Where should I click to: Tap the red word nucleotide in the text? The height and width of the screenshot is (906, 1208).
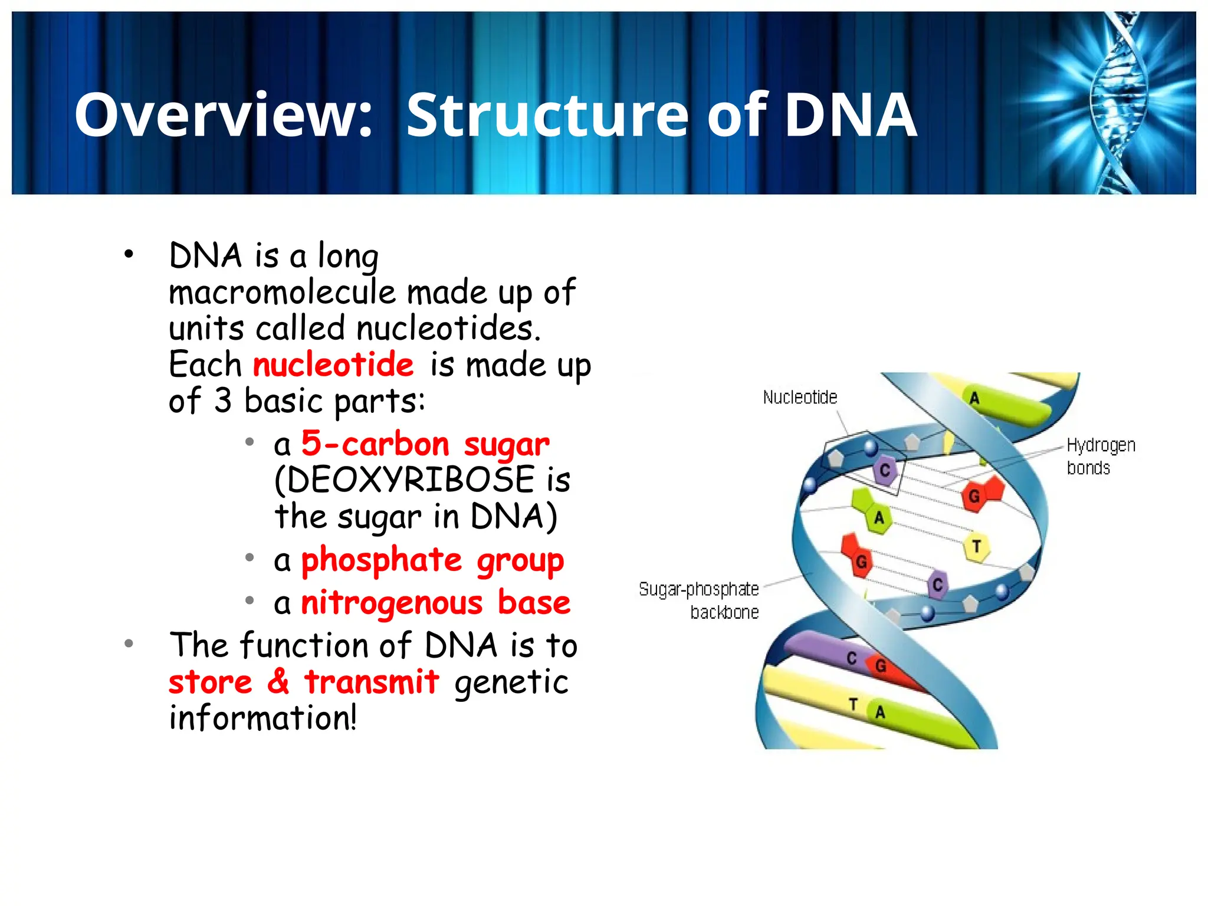333,365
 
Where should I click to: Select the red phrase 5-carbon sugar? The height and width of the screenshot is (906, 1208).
425,444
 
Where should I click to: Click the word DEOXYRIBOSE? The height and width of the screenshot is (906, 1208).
411,480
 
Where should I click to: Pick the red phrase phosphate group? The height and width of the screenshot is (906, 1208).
432,560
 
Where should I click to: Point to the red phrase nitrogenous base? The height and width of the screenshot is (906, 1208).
435,603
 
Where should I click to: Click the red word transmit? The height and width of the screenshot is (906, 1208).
372,682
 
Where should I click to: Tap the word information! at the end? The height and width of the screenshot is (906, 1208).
263,718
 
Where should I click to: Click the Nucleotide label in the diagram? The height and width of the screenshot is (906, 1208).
800,398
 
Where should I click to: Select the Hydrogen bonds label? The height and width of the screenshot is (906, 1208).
1100,456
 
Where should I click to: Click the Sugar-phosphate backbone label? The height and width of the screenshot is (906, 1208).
699,600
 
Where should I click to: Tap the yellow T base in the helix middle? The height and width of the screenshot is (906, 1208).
976,547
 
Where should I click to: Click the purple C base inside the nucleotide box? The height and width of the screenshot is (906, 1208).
885,471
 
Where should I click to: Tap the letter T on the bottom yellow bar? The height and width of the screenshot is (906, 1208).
853,704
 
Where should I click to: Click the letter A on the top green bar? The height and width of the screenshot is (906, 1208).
974,399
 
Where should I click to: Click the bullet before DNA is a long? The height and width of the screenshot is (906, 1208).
129,255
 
